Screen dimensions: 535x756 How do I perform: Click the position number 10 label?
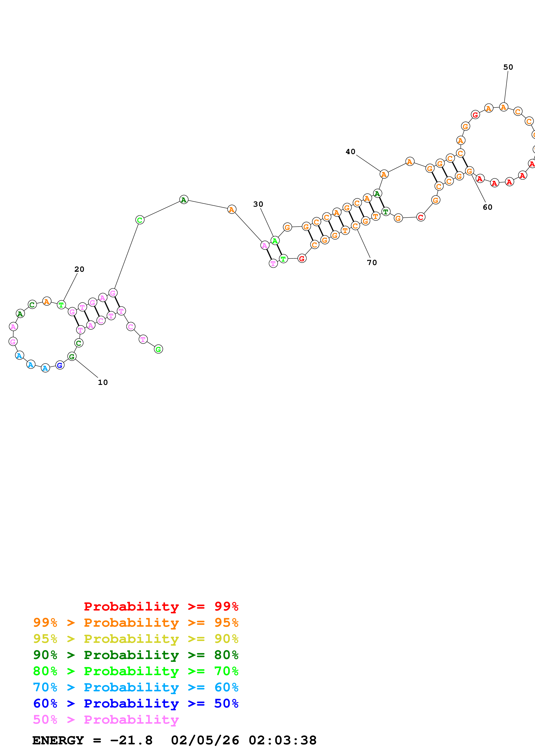tap(103, 382)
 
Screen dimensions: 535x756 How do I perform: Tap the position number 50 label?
tap(508, 67)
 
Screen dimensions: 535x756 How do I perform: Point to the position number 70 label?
tap(372, 262)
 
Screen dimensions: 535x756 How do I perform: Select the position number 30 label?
tap(258, 204)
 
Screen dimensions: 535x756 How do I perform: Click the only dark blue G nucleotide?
tap(60, 365)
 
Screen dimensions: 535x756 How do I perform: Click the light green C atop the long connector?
tap(140, 220)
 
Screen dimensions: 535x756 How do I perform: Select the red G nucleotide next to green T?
tap(302, 258)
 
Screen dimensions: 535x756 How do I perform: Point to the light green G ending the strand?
tap(158, 349)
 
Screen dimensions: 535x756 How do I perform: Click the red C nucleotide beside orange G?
tap(421, 217)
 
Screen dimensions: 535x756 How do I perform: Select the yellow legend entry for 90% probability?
tap(136, 639)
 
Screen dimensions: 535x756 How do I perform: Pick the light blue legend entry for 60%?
tap(136, 687)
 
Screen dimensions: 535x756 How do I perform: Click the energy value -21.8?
tap(131, 740)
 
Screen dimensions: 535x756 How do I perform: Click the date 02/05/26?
tap(205, 740)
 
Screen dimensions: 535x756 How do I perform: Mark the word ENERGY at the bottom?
tap(58, 740)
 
